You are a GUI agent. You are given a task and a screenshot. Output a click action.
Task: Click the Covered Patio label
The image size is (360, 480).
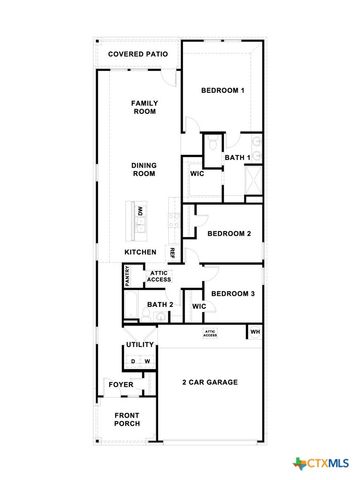(x=138, y=53)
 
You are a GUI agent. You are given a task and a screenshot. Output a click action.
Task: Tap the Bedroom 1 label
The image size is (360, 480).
(x=223, y=91)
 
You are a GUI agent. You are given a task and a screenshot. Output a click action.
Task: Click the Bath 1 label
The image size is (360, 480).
(x=237, y=158)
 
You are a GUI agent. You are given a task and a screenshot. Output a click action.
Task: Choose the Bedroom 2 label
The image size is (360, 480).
(x=229, y=234)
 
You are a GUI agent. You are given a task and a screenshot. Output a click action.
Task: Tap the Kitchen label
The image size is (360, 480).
(x=141, y=251)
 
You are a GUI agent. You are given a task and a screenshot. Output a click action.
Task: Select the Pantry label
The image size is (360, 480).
(x=128, y=276)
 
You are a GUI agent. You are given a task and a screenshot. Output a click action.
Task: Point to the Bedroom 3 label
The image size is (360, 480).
(x=232, y=293)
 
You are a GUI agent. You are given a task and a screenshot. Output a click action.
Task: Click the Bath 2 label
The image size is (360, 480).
(x=160, y=305)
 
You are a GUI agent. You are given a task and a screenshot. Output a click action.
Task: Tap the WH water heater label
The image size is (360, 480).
(x=255, y=332)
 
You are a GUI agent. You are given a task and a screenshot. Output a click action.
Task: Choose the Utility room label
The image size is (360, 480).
(x=140, y=345)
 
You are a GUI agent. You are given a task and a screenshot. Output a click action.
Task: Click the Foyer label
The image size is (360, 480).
(x=119, y=384)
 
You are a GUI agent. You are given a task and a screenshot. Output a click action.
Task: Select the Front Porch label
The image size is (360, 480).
(x=127, y=420)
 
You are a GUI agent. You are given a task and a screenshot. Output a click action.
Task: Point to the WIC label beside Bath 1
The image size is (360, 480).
(x=198, y=174)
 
